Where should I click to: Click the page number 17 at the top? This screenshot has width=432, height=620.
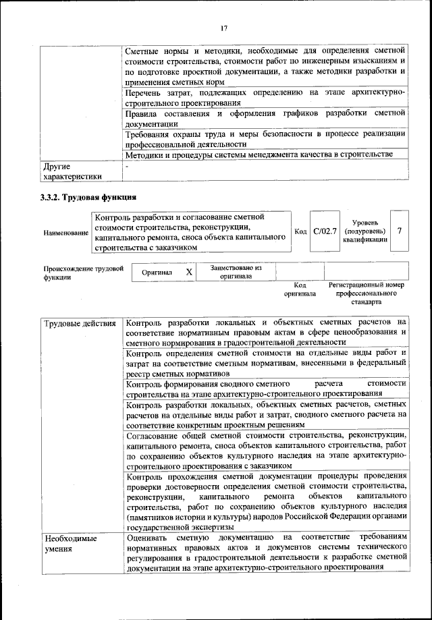tap(224, 28)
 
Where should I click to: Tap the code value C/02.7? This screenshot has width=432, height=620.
tap(325, 231)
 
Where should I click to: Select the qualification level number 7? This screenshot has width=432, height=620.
tap(399, 231)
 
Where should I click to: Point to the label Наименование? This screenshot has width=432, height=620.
tap(66, 233)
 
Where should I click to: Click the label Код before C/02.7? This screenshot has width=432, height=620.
tap(301, 231)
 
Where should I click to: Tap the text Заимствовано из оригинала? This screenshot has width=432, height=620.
tap(236, 271)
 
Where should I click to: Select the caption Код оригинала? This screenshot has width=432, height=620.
tap(300, 289)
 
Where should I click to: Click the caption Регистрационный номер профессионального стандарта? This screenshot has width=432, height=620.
tap(367, 293)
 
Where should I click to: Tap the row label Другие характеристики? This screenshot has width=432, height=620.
tap(72, 171)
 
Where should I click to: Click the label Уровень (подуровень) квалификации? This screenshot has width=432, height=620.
tap(364, 231)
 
